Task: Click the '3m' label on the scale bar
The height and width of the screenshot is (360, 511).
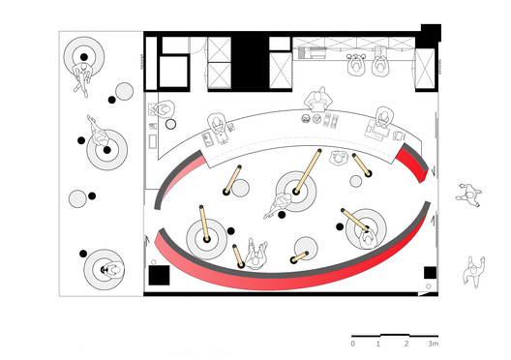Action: [x=434, y=344]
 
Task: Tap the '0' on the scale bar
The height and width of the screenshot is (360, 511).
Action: [x=353, y=344]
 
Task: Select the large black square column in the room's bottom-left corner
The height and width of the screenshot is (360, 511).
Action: [x=159, y=275]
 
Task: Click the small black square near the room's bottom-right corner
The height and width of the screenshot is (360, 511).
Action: [x=430, y=273]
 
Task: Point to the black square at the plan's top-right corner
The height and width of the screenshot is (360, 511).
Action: [x=431, y=33]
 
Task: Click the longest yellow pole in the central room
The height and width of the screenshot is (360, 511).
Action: [x=308, y=171]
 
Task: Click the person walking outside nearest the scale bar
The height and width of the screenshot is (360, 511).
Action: [x=474, y=271]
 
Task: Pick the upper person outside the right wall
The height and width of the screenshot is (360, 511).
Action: [x=469, y=195]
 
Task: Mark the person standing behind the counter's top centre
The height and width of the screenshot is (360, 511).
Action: [x=318, y=99]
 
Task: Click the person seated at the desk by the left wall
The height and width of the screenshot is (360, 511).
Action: [x=165, y=109]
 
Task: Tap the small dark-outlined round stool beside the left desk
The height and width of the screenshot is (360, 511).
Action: [x=170, y=124]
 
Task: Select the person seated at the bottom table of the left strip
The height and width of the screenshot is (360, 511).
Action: [x=112, y=270]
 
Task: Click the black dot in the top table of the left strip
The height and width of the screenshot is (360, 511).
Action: [x=84, y=57]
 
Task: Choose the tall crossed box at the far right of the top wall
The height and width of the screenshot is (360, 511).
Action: [x=425, y=69]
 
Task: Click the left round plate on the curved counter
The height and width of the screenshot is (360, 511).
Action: [x=306, y=119]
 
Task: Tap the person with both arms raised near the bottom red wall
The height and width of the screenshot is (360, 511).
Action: [x=256, y=255]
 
